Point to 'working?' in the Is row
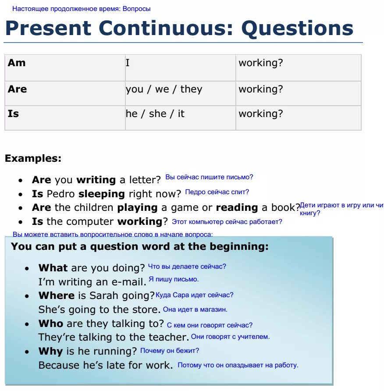[260, 114]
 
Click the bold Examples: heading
[33, 159]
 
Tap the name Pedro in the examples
[61, 194]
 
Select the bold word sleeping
[101, 194]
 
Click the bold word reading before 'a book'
[237, 207]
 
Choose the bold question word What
[53, 268]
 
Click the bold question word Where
[57, 295]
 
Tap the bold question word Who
[51, 323]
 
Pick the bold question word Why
[51, 351]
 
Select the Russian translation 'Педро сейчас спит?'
[217, 192]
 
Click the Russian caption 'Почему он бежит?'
[170, 351]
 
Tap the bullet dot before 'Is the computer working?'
[21, 222]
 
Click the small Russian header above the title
[82, 9]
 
